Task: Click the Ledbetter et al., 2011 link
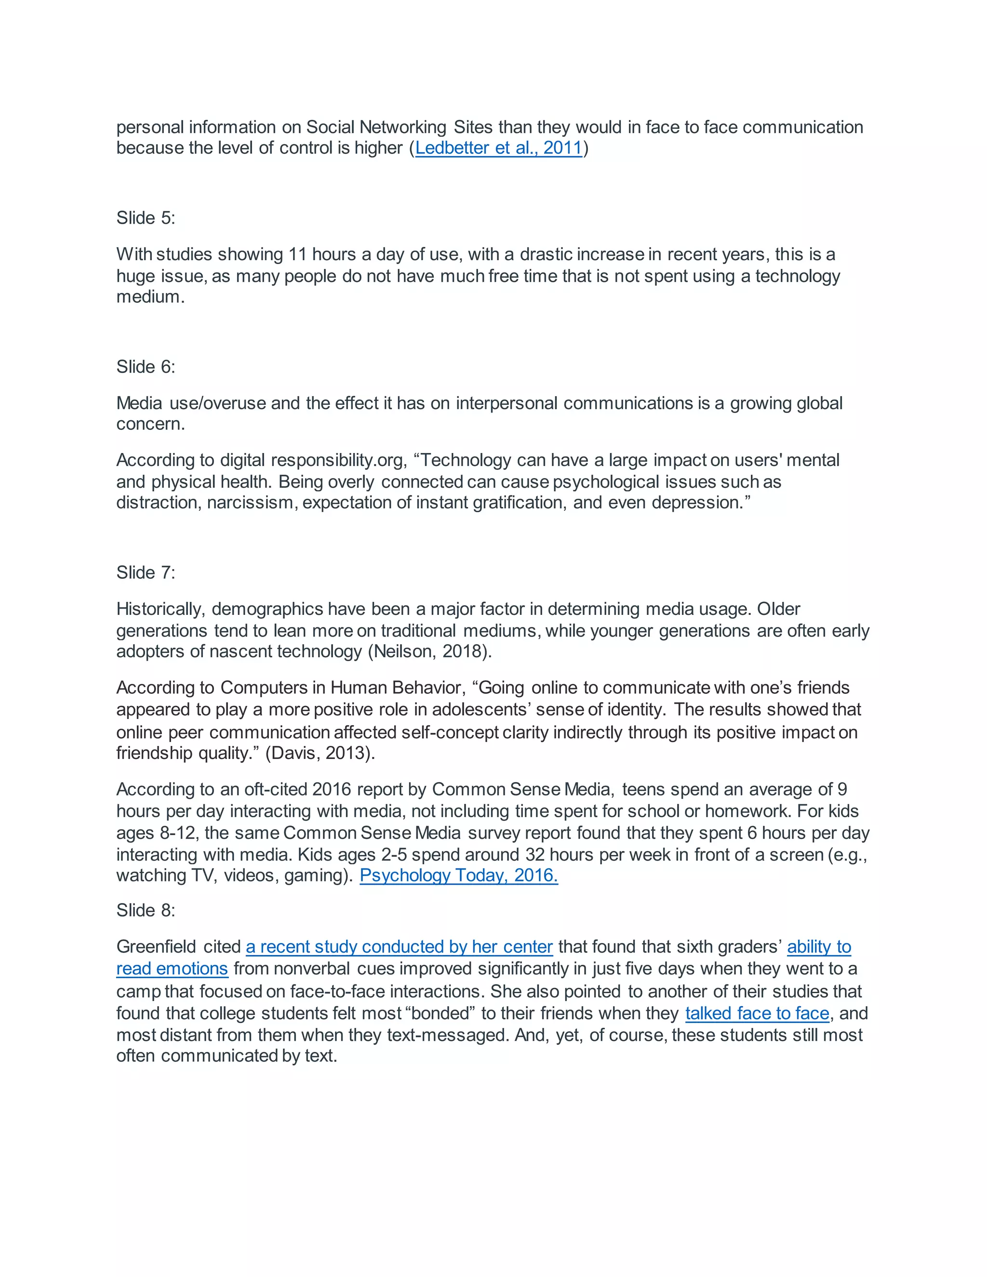coord(499,148)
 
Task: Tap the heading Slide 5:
coord(146,218)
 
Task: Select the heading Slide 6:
coord(146,367)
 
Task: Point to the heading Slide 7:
coord(146,572)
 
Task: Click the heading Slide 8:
coord(146,910)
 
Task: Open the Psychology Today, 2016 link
coord(458,875)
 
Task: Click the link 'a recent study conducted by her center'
coord(400,946)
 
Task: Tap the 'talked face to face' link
coord(757,1013)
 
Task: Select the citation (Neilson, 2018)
coord(430,652)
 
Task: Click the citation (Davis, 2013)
coord(320,753)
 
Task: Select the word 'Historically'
coord(160,609)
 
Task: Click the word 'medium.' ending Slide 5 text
coord(150,297)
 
